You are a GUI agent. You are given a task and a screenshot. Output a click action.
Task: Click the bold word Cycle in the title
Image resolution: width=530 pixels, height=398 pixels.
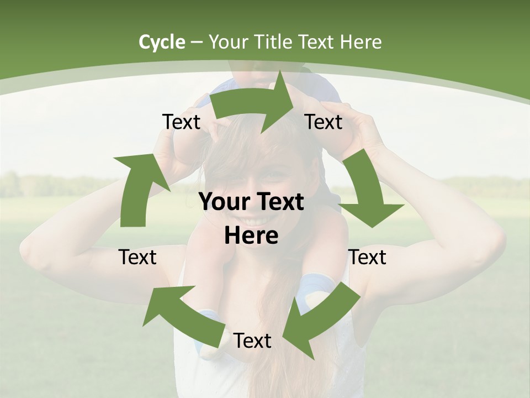coord(162,42)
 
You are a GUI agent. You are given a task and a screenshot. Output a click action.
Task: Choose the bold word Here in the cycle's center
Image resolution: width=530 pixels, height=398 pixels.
coord(251,236)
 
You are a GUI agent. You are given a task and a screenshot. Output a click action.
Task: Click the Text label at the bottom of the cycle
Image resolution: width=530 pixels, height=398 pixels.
coord(252,341)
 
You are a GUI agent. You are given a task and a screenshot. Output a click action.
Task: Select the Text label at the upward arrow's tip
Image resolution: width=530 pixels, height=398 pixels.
coord(181,122)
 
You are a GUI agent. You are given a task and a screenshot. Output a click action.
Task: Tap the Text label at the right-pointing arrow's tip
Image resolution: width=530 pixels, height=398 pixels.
coord(324,122)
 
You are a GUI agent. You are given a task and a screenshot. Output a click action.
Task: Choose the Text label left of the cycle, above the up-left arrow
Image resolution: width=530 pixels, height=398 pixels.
coord(137,258)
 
